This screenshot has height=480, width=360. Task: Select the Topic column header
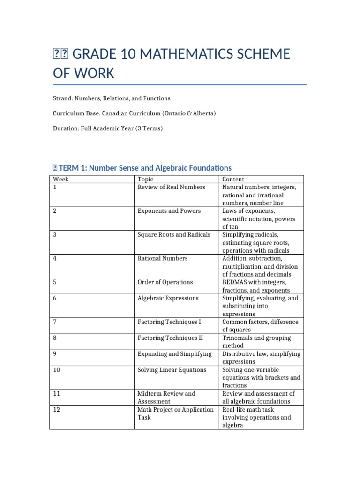[145, 179]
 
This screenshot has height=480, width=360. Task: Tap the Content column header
[233, 179]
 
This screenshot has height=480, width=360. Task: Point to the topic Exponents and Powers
[169, 211]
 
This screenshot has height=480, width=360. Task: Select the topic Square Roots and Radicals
[174, 235]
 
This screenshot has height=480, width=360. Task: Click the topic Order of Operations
[165, 282]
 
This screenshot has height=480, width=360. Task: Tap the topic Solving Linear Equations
[172, 370]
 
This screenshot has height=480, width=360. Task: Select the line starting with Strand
[112, 98]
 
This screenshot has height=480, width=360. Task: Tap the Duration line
[108, 128]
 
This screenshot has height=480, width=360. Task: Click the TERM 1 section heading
[142, 168]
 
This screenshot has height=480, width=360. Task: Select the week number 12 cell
[57, 410]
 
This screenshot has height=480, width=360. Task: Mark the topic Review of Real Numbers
[171, 187]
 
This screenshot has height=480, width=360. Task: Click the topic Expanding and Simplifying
[174, 354]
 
